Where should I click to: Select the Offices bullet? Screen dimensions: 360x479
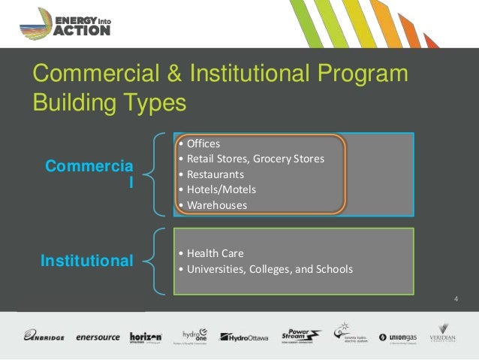pyautogui.click(x=203, y=143)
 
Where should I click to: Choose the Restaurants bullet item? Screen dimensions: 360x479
pyautogui.click(x=215, y=174)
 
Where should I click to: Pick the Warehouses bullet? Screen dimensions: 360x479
pyautogui.click(x=216, y=205)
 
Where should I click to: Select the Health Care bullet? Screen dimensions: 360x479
pyautogui.click(x=214, y=253)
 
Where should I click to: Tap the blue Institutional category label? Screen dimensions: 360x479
pyautogui.click(x=86, y=262)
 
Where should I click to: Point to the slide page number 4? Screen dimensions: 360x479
pyautogui.click(x=456, y=301)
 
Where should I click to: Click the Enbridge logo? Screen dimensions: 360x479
pyautogui.click(x=44, y=336)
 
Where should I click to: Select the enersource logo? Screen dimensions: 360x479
pyautogui.click(x=98, y=337)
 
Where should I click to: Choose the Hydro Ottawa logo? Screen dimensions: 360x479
pyautogui.click(x=243, y=337)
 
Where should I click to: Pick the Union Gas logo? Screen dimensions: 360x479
pyautogui.click(x=397, y=337)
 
